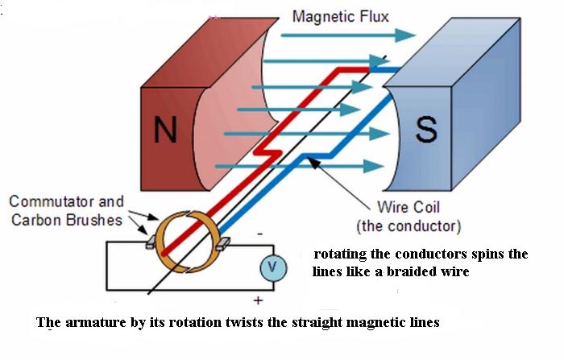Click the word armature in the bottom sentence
point(95,323)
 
